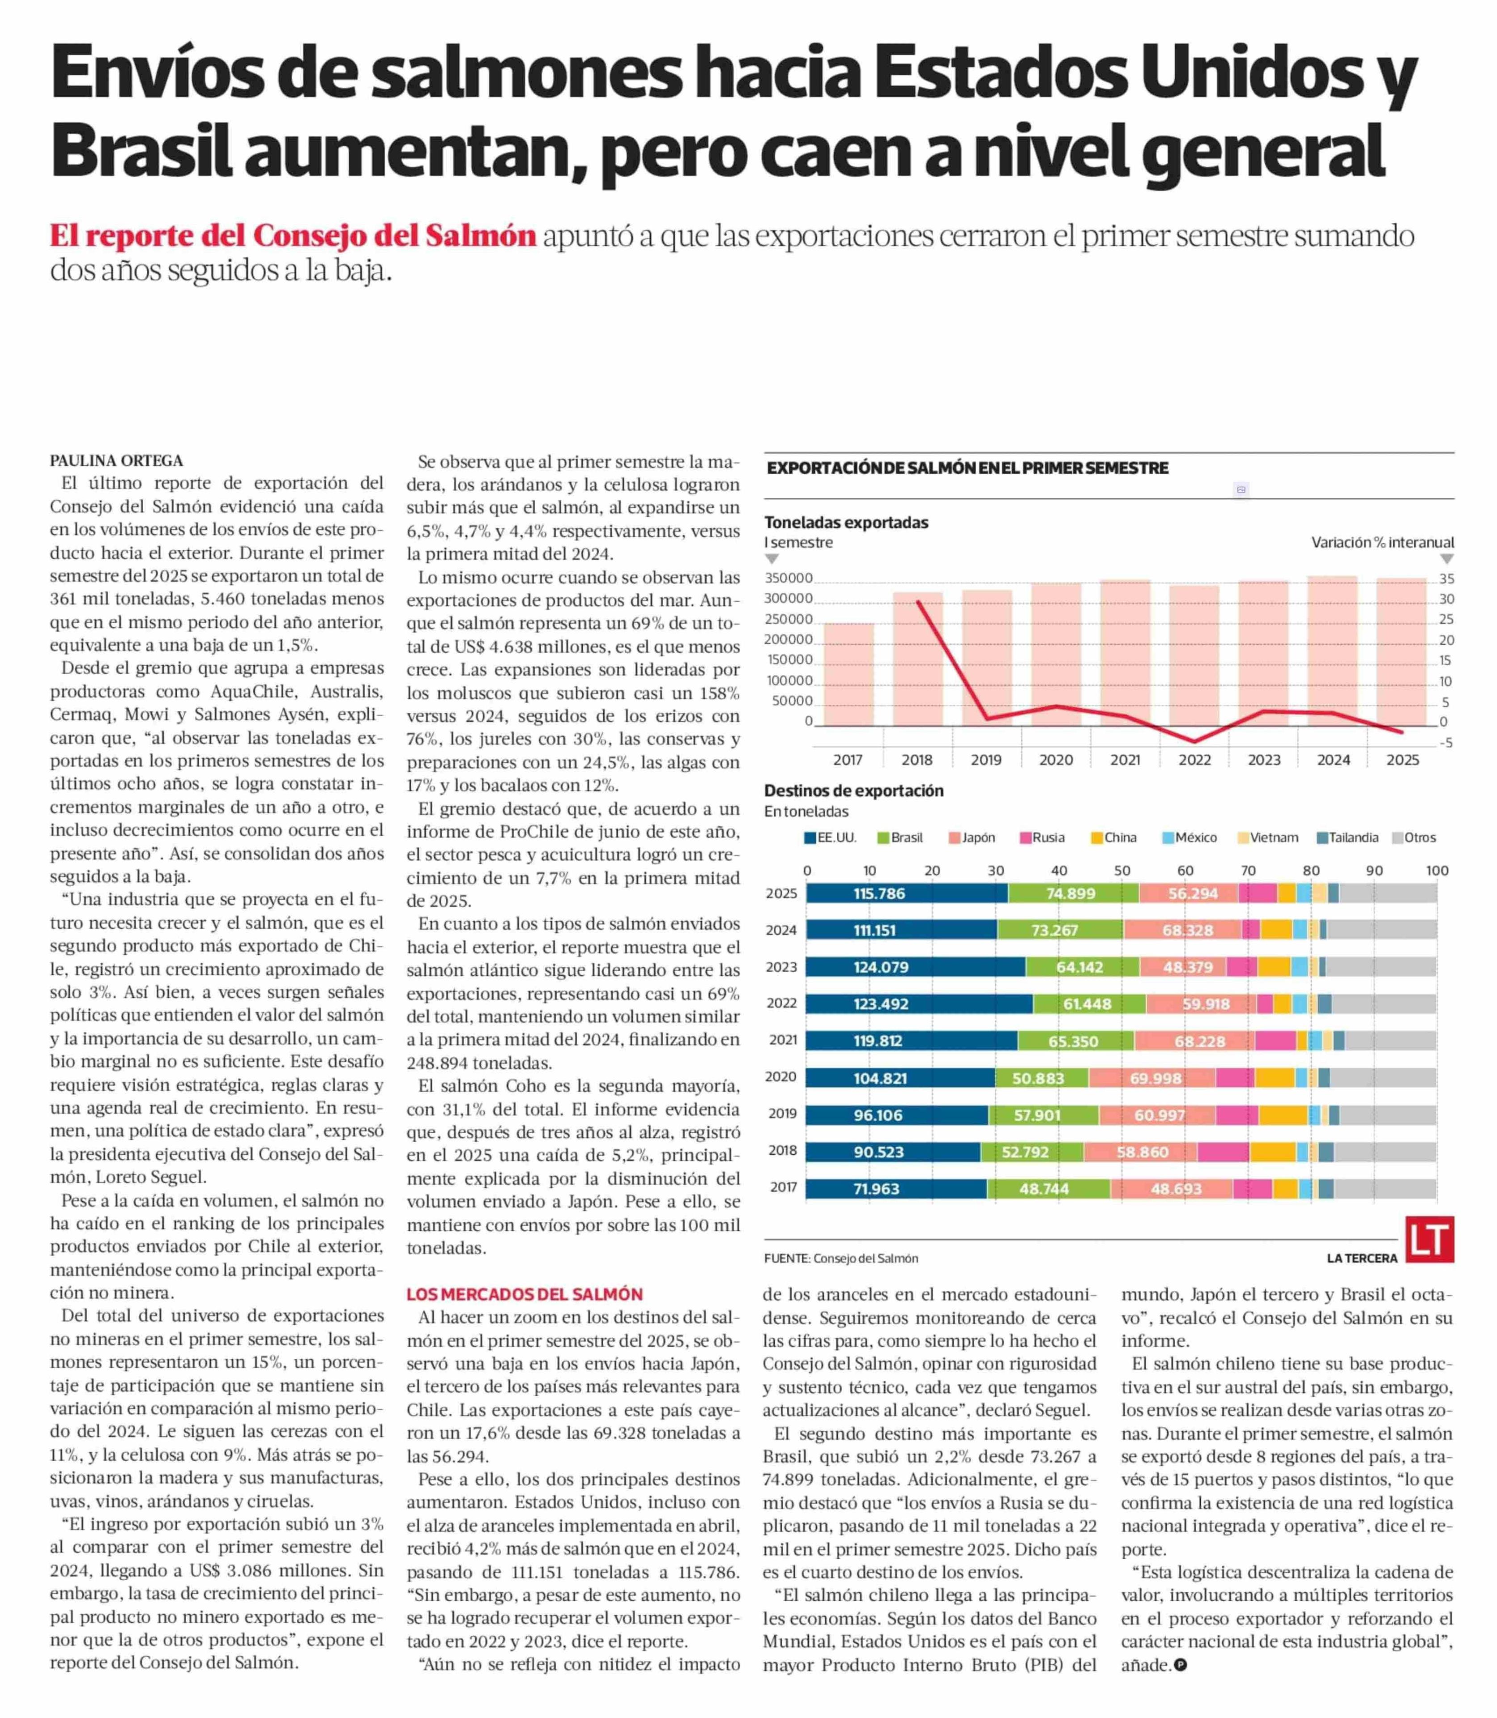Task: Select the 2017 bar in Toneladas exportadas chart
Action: [849, 674]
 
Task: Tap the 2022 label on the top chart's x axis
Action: [1194, 760]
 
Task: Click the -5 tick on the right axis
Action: [1446, 743]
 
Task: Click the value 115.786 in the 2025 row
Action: [879, 893]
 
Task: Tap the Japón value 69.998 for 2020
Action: [1156, 1078]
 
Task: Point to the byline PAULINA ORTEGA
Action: [116, 460]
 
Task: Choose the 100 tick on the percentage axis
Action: [1437, 870]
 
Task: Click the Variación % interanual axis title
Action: [1382, 542]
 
